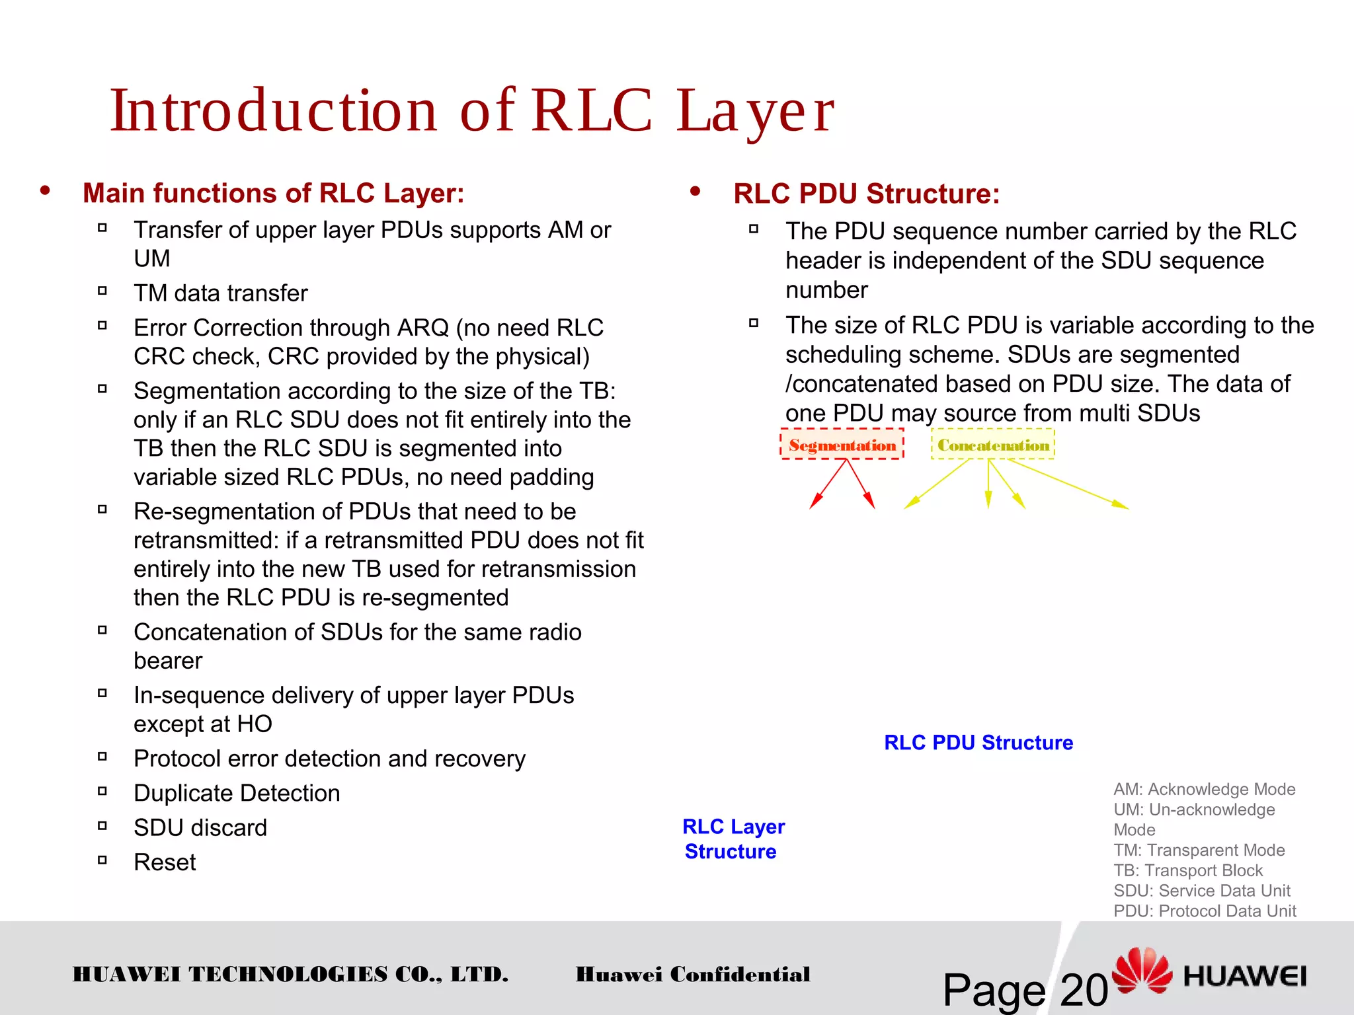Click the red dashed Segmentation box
(842, 445)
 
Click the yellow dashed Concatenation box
(992, 445)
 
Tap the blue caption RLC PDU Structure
(978, 742)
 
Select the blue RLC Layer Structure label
(733, 839)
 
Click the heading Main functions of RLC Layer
(273, 193)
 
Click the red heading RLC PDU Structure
(866, 194)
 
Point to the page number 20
(1083, 990)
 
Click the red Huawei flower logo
(1142, 970)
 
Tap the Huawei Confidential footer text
(692, 974)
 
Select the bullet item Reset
(165, 862)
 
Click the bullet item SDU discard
(200, 827)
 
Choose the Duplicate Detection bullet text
(237, 793)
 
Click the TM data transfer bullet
(220, 293)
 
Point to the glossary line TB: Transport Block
(1187, 870)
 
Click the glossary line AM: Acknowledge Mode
(1204, 789)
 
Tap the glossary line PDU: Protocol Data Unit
(1204, 911)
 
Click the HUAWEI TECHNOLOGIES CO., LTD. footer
(290, 974)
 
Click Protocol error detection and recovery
(329, 759)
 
